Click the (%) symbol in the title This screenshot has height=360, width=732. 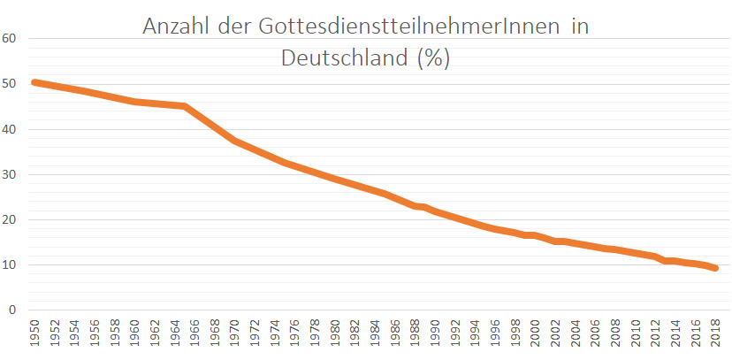[433, 58]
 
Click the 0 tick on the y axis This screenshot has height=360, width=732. [12, 310]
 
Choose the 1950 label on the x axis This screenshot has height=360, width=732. [34, 334]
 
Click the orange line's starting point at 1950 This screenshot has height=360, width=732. [34, 82]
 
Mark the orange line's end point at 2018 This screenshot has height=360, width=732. [716, 268]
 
